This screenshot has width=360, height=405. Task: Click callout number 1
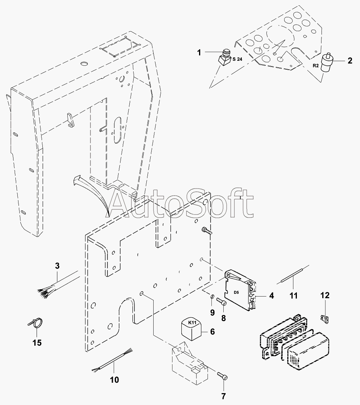point(199,53)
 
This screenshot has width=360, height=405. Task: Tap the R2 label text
point(315,66)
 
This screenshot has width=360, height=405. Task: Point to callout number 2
point(350,61)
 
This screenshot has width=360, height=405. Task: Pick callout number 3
point(57,265)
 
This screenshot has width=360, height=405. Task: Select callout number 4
point(271,296)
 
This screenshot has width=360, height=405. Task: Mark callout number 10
point(114,380)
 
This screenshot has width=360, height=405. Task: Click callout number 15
point(37,342)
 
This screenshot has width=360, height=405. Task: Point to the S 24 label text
point(237,59)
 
